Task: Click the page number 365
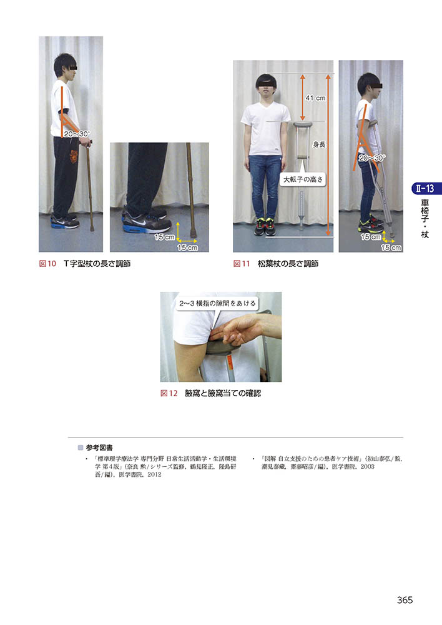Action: (x=405, y=600)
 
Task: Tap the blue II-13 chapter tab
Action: (x=426, y=189)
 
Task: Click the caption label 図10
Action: (x=47, y=264)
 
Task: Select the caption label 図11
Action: (x=242, y=264)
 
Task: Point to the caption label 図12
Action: (x=169, y=393)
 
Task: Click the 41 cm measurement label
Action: (x=315, y=97)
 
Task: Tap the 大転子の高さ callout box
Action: (x=303, y=179)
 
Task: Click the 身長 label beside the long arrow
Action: (x=319, y=144)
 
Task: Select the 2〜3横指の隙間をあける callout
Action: (x=217, y=303)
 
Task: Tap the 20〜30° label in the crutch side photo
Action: (x=371, y=158)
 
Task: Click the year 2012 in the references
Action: (x=154, y=475)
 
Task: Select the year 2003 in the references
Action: (x=367, y=467)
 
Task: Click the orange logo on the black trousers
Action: (x=74, y=156)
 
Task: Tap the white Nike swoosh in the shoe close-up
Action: (x=138, y=220)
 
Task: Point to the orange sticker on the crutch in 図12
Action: (x=230, y=363)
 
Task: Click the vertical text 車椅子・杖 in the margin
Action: (x=425, y=219)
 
